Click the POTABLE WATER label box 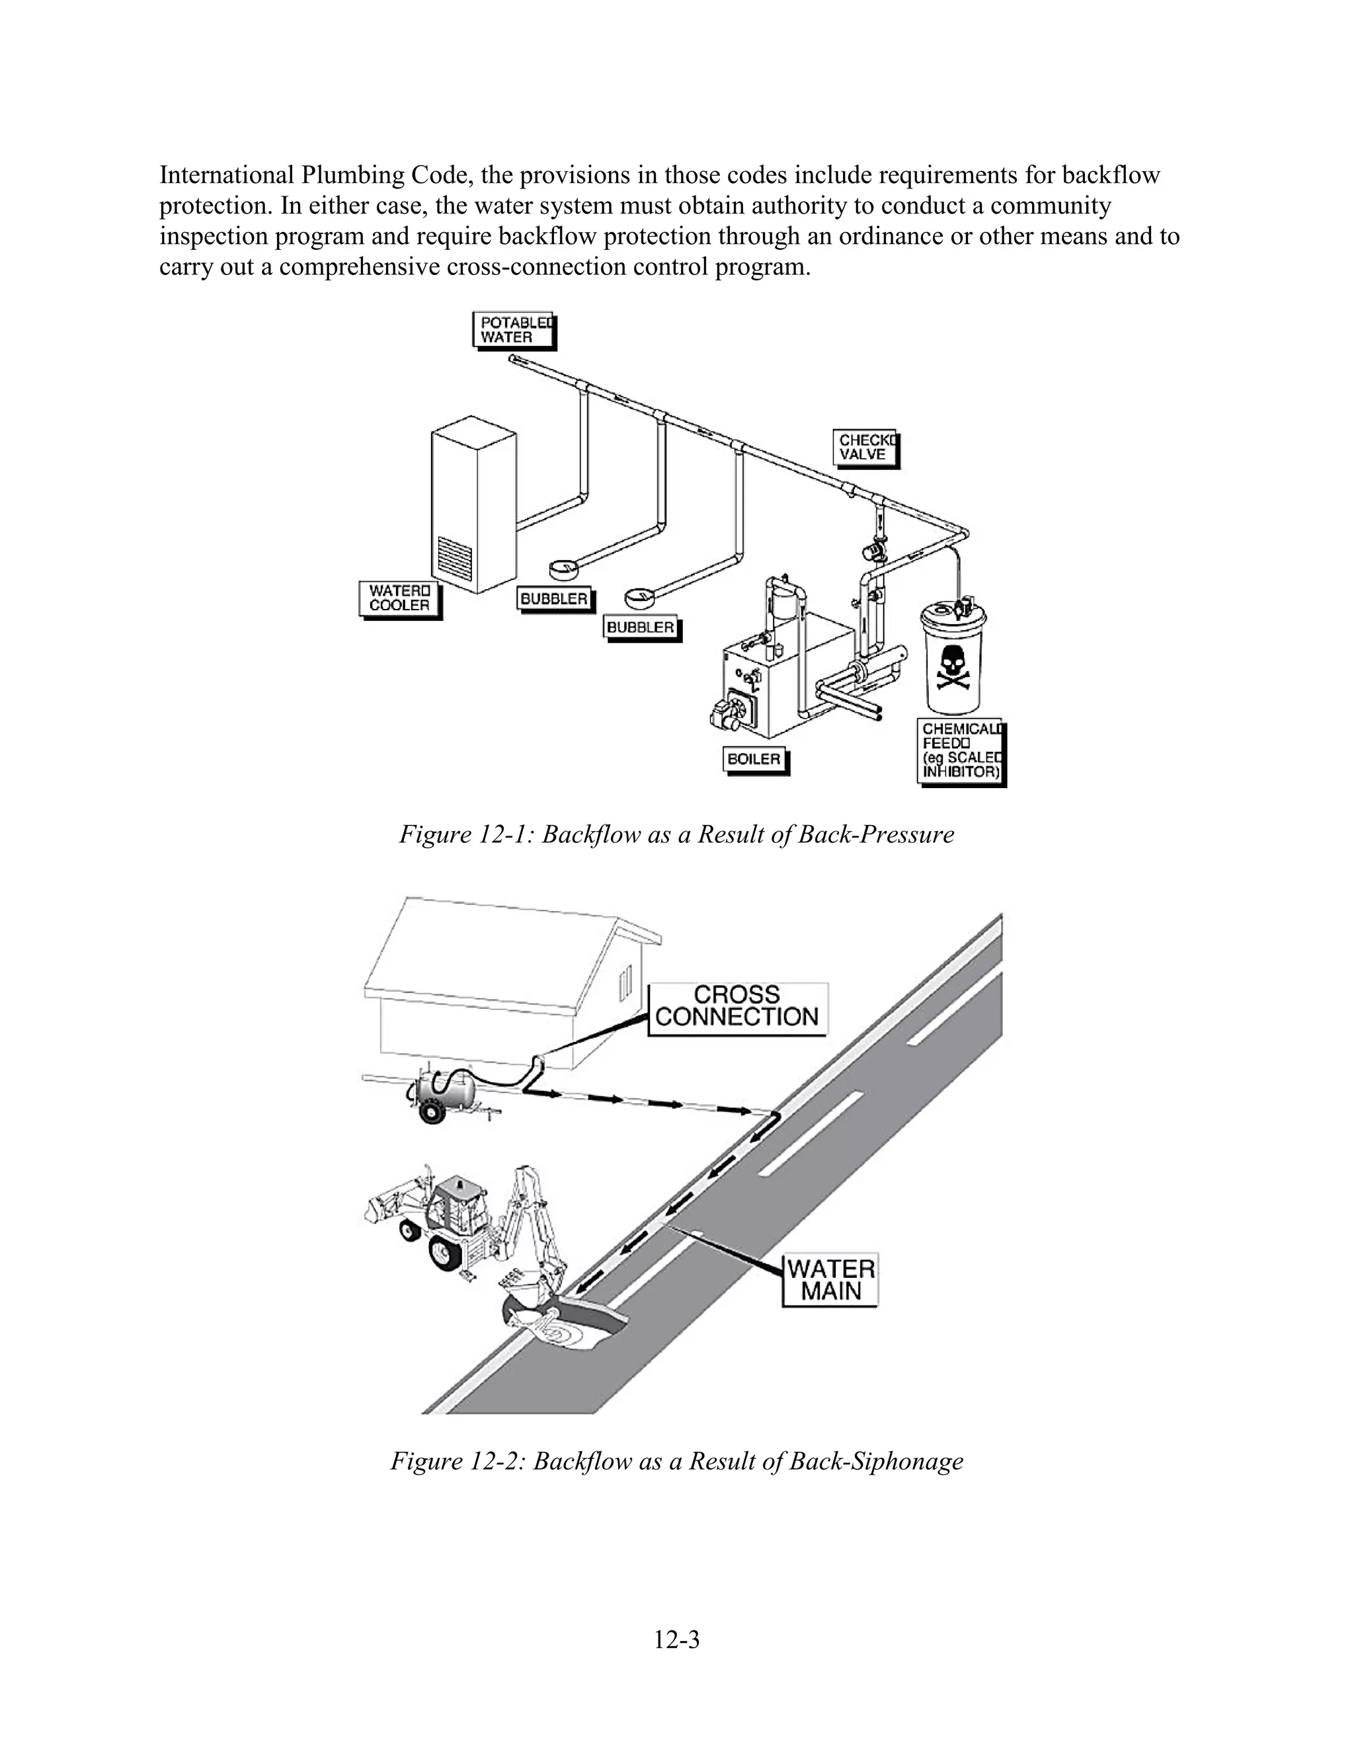tap(513, 330)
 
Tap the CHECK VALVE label tap(865, 448)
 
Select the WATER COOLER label tap(399, 598)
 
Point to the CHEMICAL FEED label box tap(960, 751)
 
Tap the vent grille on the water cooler tap(456, 555)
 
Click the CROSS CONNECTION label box tap(737, 1007)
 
